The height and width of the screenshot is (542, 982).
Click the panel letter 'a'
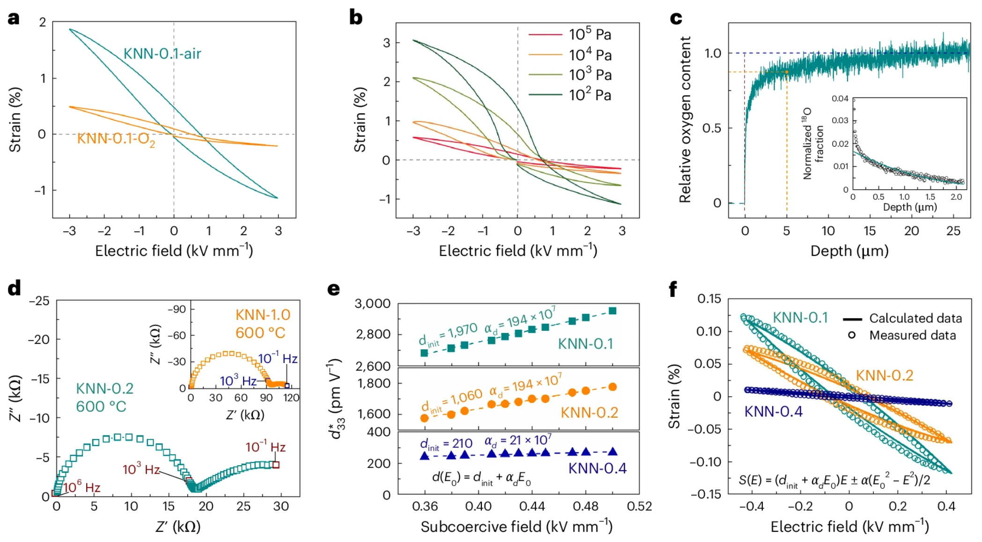click(14, 18)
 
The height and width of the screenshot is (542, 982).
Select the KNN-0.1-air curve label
click(162, 53)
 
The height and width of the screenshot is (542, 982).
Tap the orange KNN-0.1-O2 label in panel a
click(116, 139)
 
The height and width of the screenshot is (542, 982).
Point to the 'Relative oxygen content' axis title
click(685, 119)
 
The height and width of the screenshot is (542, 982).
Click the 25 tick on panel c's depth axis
click(953, 231)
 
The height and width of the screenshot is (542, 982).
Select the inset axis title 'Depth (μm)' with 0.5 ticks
click(909, 207)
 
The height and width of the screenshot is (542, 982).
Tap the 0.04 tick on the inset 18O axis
click(840, 98)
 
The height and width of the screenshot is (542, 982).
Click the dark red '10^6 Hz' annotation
click(82, 488)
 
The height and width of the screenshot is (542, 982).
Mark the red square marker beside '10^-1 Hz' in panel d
click(276, 465)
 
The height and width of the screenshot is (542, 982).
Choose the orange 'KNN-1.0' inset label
click(263, 315)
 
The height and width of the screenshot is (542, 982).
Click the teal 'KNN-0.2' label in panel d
click(104, 388)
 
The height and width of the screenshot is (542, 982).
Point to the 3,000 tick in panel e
click(372, 304)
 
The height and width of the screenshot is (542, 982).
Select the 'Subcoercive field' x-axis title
click(516, 527)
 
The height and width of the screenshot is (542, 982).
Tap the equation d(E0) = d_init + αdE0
click(481, 478)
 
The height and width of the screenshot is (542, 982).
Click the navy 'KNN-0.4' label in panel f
click(773, 412)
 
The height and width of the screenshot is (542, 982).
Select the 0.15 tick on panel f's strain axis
click(709, 299)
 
